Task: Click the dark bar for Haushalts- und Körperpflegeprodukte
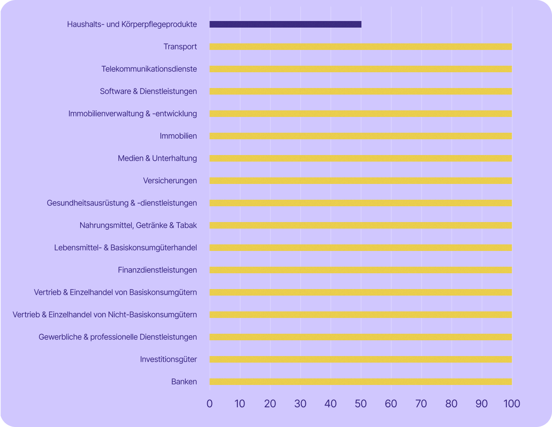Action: click(x=285, y=25)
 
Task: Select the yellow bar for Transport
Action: click(x=361, y=47)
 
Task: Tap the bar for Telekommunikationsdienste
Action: click(x=361, y=69)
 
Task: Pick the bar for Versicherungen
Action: click(x=361, y=181)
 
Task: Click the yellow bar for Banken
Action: click(x=361, y=382)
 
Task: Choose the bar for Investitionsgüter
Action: click(x=361, y=360)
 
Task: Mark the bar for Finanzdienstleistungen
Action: click(x=361, y=270)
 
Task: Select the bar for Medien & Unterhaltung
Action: click(x=361, y=159)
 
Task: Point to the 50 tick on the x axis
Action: click(x=361, y=403)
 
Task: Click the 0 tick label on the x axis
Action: click(x=209, y=403)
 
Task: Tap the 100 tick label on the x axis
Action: click(x=512, y=403)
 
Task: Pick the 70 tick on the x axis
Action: click(x=421, y=403)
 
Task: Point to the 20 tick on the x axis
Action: click(x=270, y=403)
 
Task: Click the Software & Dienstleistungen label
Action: click(x=148, y=92)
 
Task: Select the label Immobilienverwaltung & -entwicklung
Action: click(x=132, y=114)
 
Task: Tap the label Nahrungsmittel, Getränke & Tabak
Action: click(x=138, y=226)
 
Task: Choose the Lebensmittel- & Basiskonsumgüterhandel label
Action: click(x=125, y=248)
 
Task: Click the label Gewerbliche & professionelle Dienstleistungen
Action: click(x=117, y=337)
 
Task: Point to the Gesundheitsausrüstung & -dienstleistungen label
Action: click(x=122, y=203)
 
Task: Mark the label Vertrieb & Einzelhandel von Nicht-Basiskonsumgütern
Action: click(x=105, y=315)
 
